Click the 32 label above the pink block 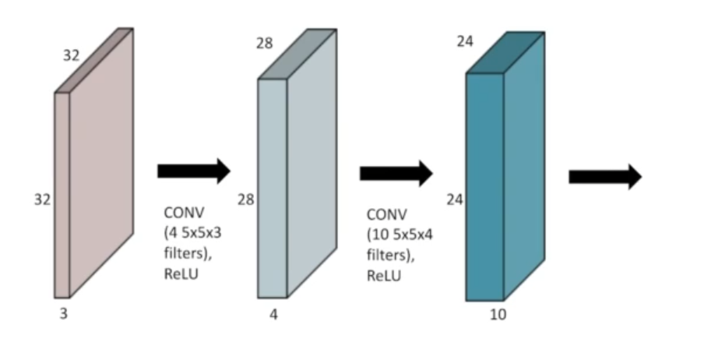coord(72,56)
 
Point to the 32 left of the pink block coord(42,199)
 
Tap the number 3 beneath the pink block coord(65,313)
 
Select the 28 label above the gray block coord(265,43)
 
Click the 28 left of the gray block coord(246,199)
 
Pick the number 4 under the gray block coord(273,316)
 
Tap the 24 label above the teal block coord(465,41)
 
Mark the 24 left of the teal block coord(455,199)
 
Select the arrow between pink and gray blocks coord(194,171)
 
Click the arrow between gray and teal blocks coord(396,173)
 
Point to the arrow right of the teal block coord(605,177)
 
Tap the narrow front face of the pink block coord(62,195)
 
